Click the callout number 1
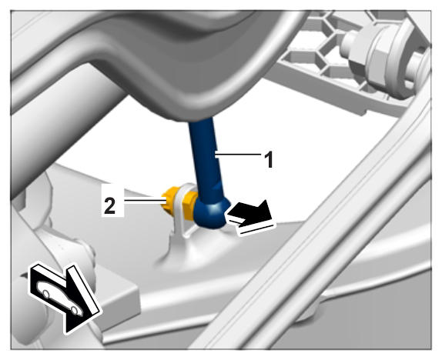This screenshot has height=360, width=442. (x=269, y=159)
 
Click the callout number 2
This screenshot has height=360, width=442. (x=109, y=205)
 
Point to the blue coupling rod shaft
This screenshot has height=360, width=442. (x=204, y=158)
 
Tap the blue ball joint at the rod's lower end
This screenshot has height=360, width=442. (x=211, y=212)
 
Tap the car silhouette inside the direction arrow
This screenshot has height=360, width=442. (x=60, y=297)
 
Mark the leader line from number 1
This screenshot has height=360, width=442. (x=239, y=154)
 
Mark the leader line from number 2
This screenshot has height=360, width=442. (x=144, y=201)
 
